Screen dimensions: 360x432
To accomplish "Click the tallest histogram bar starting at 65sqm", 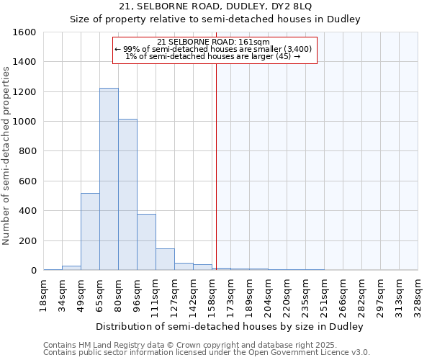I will point(109,180).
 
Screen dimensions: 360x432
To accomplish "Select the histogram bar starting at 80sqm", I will point(127,194).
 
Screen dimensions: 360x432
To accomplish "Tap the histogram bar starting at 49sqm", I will point(90,232).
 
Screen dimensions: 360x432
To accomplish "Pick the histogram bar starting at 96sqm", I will point(146,242).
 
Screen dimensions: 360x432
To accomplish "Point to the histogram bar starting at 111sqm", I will point(165,259).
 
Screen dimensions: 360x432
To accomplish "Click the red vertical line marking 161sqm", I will point(216,166).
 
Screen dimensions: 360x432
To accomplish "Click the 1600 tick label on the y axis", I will point(25,32).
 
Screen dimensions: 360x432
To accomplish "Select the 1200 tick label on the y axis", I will point(25,92).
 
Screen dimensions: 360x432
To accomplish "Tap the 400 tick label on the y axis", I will point(28,211).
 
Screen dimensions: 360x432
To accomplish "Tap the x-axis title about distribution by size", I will point(230,326).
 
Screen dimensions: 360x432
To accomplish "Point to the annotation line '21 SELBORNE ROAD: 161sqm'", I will point(214,42).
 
